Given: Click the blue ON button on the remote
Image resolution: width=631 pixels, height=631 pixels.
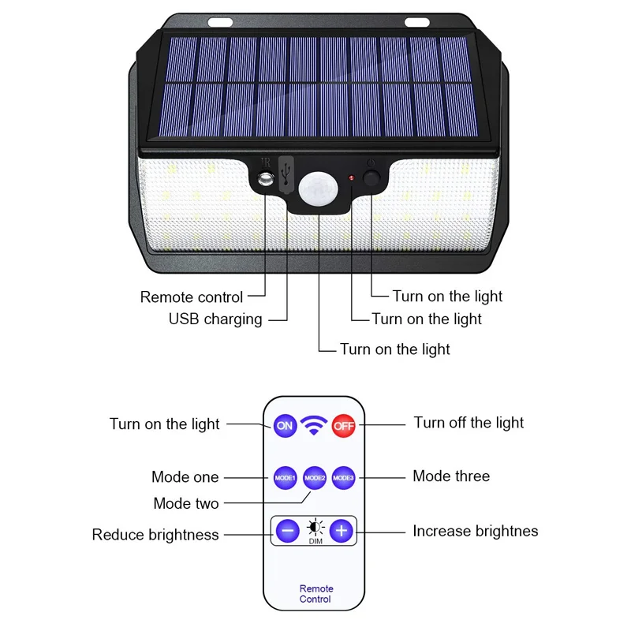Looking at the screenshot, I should pyautogui.click(x=285, y=425).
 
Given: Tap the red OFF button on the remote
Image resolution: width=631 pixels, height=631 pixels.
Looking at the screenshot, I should pyautogui.click(x=344, y=425).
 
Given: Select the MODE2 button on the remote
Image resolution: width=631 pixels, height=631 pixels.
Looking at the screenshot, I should pyautogui.click(x=315, y=477).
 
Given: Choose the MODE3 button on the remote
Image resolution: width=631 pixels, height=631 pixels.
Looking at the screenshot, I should pyautogui.click(x=342, y=477).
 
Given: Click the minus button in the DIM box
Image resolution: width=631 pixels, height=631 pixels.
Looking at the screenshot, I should pyautogui.click(x=287, y=531).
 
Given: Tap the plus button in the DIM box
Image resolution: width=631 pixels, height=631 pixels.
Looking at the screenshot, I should pyautogui.click(x=341, y=531).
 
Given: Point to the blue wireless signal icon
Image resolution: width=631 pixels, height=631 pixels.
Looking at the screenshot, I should pyautogui.click(x=315, y=426).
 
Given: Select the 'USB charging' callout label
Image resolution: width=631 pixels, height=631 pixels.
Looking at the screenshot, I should pyautogui.click(x=215, y=319).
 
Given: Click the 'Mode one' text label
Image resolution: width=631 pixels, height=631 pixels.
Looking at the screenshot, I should pyautogui.click(x=185, y=477).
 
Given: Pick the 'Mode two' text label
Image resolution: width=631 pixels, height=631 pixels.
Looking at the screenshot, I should pyautogui.click(x=186, y=503).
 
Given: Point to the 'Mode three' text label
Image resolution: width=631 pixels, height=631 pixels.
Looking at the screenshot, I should pyautogui.click(x=451, y=476).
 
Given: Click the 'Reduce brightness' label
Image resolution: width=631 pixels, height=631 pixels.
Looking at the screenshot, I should pyautogui.click(x=155, y=535).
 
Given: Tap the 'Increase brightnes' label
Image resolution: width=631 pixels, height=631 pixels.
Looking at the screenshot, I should pyautogui.click(x=475, y=531).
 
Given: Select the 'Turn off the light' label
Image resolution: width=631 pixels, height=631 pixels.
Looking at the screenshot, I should pyautogui.click(x=469, y=423).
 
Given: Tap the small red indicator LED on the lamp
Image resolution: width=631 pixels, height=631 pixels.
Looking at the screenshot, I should pyautogui.click(x=351, y=179).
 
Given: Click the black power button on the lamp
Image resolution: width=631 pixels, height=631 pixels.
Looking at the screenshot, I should pyautogui.click(x=372, y=177).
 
